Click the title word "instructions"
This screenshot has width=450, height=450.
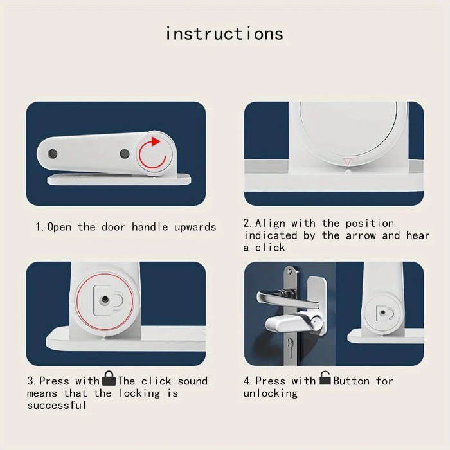point(224,33)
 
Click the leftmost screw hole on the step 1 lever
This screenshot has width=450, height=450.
point(52,154)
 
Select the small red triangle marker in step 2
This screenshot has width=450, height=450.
point(348,161)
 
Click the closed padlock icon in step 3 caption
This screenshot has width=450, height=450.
point(109,378)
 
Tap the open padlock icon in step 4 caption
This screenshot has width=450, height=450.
point(325,378)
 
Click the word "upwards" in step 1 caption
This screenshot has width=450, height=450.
point(195,228)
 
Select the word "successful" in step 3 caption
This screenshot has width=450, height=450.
point(57,405)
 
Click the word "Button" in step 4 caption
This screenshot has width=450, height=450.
point(351,381)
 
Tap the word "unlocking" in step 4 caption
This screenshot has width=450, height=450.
point(271,393)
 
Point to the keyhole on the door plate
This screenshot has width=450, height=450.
point(291,346)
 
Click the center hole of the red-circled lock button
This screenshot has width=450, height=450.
point(104,300)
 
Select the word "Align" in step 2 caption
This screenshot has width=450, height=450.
point(271,224)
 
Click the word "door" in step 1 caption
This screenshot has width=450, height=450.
point(113,228)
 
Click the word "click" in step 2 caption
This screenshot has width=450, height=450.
point(270,248)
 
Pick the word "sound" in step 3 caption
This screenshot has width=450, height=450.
point(193,381)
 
